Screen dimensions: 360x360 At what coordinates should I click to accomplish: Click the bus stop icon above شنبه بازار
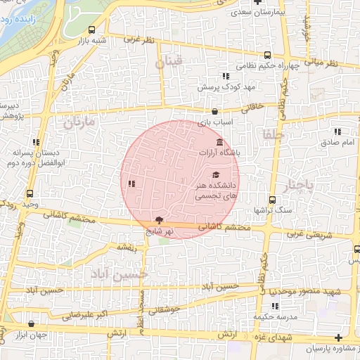tap(92, 30)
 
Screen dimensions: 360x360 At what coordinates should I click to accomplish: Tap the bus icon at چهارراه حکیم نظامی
tap(267, 56)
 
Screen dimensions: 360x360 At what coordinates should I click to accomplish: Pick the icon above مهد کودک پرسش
tap(225, 76)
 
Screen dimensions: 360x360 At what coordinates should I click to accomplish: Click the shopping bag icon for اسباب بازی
tap(214, 111)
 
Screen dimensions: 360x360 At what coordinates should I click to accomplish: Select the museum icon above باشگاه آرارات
tap(221, 143)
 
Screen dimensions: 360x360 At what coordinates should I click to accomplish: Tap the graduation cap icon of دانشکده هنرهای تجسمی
tap(216, 175)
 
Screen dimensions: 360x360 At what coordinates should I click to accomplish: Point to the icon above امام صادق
tap(337, 131)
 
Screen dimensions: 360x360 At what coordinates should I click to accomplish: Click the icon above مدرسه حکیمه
tap(275, 306)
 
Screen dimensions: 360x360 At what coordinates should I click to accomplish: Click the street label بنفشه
tap(126, 247)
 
